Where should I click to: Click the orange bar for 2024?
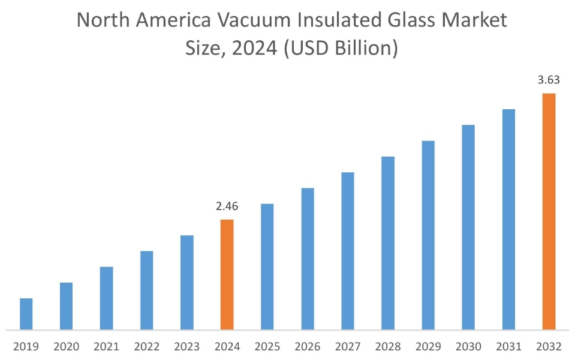coord(227,274)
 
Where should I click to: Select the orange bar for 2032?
coord(549,211)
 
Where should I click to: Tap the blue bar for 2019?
coord(26,314)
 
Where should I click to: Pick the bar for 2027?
coord(348,251)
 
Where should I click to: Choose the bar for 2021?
coord(106,298)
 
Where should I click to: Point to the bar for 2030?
coord(468,227)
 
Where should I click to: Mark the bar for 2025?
coord(267,266)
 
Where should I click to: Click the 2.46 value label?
coord(227,207)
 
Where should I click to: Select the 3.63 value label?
coord(549,80)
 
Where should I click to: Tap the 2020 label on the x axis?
coord(66,347)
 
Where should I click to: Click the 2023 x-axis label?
coord(186,347)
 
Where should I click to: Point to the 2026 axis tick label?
coord(308,347)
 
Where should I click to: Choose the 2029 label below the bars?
coord(428,347)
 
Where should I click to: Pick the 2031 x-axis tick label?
coord(508,347)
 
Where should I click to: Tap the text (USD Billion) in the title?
coord(340,47)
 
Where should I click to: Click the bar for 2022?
coord(146,290)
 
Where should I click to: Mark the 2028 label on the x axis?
coord(388,347)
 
